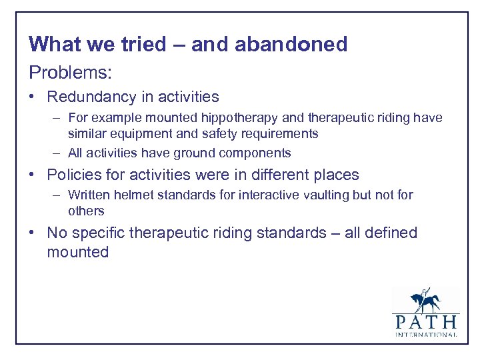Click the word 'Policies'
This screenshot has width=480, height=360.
click(x=75, y=175)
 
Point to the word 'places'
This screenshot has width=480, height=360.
click(x=335, y=175)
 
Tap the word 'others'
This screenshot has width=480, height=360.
click(x=86, y=211)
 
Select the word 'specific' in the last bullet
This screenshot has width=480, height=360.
click(x=95, y=233)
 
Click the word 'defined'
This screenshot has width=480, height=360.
click(x=388, y=233)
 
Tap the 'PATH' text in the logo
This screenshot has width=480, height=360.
click(x=425, y=321)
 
